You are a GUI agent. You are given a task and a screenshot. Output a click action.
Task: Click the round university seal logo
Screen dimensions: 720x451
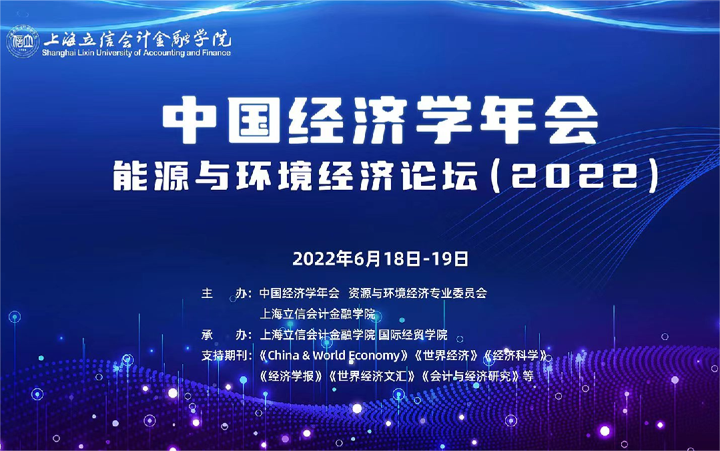23,41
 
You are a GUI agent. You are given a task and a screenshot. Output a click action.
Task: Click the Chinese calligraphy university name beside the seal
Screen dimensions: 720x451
137,39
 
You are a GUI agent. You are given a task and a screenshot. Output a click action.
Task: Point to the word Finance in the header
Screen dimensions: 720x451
216,52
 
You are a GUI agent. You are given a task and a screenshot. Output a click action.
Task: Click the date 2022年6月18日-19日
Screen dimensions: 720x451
380,259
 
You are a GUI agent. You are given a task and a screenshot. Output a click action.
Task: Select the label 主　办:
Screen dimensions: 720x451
226,293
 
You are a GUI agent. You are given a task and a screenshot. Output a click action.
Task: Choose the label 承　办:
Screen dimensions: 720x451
226,335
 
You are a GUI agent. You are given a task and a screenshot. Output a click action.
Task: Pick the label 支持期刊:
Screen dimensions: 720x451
226,355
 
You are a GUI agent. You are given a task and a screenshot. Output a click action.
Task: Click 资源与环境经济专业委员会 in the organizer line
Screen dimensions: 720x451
418,293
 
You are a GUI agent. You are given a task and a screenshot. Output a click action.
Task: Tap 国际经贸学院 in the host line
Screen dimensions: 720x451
413,335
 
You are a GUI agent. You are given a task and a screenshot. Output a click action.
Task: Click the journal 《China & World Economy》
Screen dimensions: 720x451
334,355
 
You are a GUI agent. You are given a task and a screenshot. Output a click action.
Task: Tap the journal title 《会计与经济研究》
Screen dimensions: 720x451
470,376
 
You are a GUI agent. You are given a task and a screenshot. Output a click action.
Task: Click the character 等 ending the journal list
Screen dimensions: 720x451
528,376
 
